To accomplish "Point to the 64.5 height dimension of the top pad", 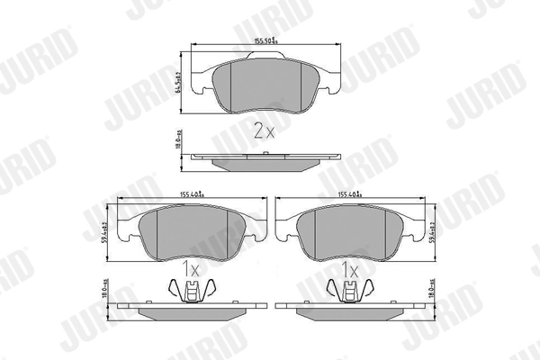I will [177, 84].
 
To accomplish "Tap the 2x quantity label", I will [263, 131].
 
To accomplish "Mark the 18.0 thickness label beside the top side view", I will [177, 142].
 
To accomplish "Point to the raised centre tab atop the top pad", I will [263, 58].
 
